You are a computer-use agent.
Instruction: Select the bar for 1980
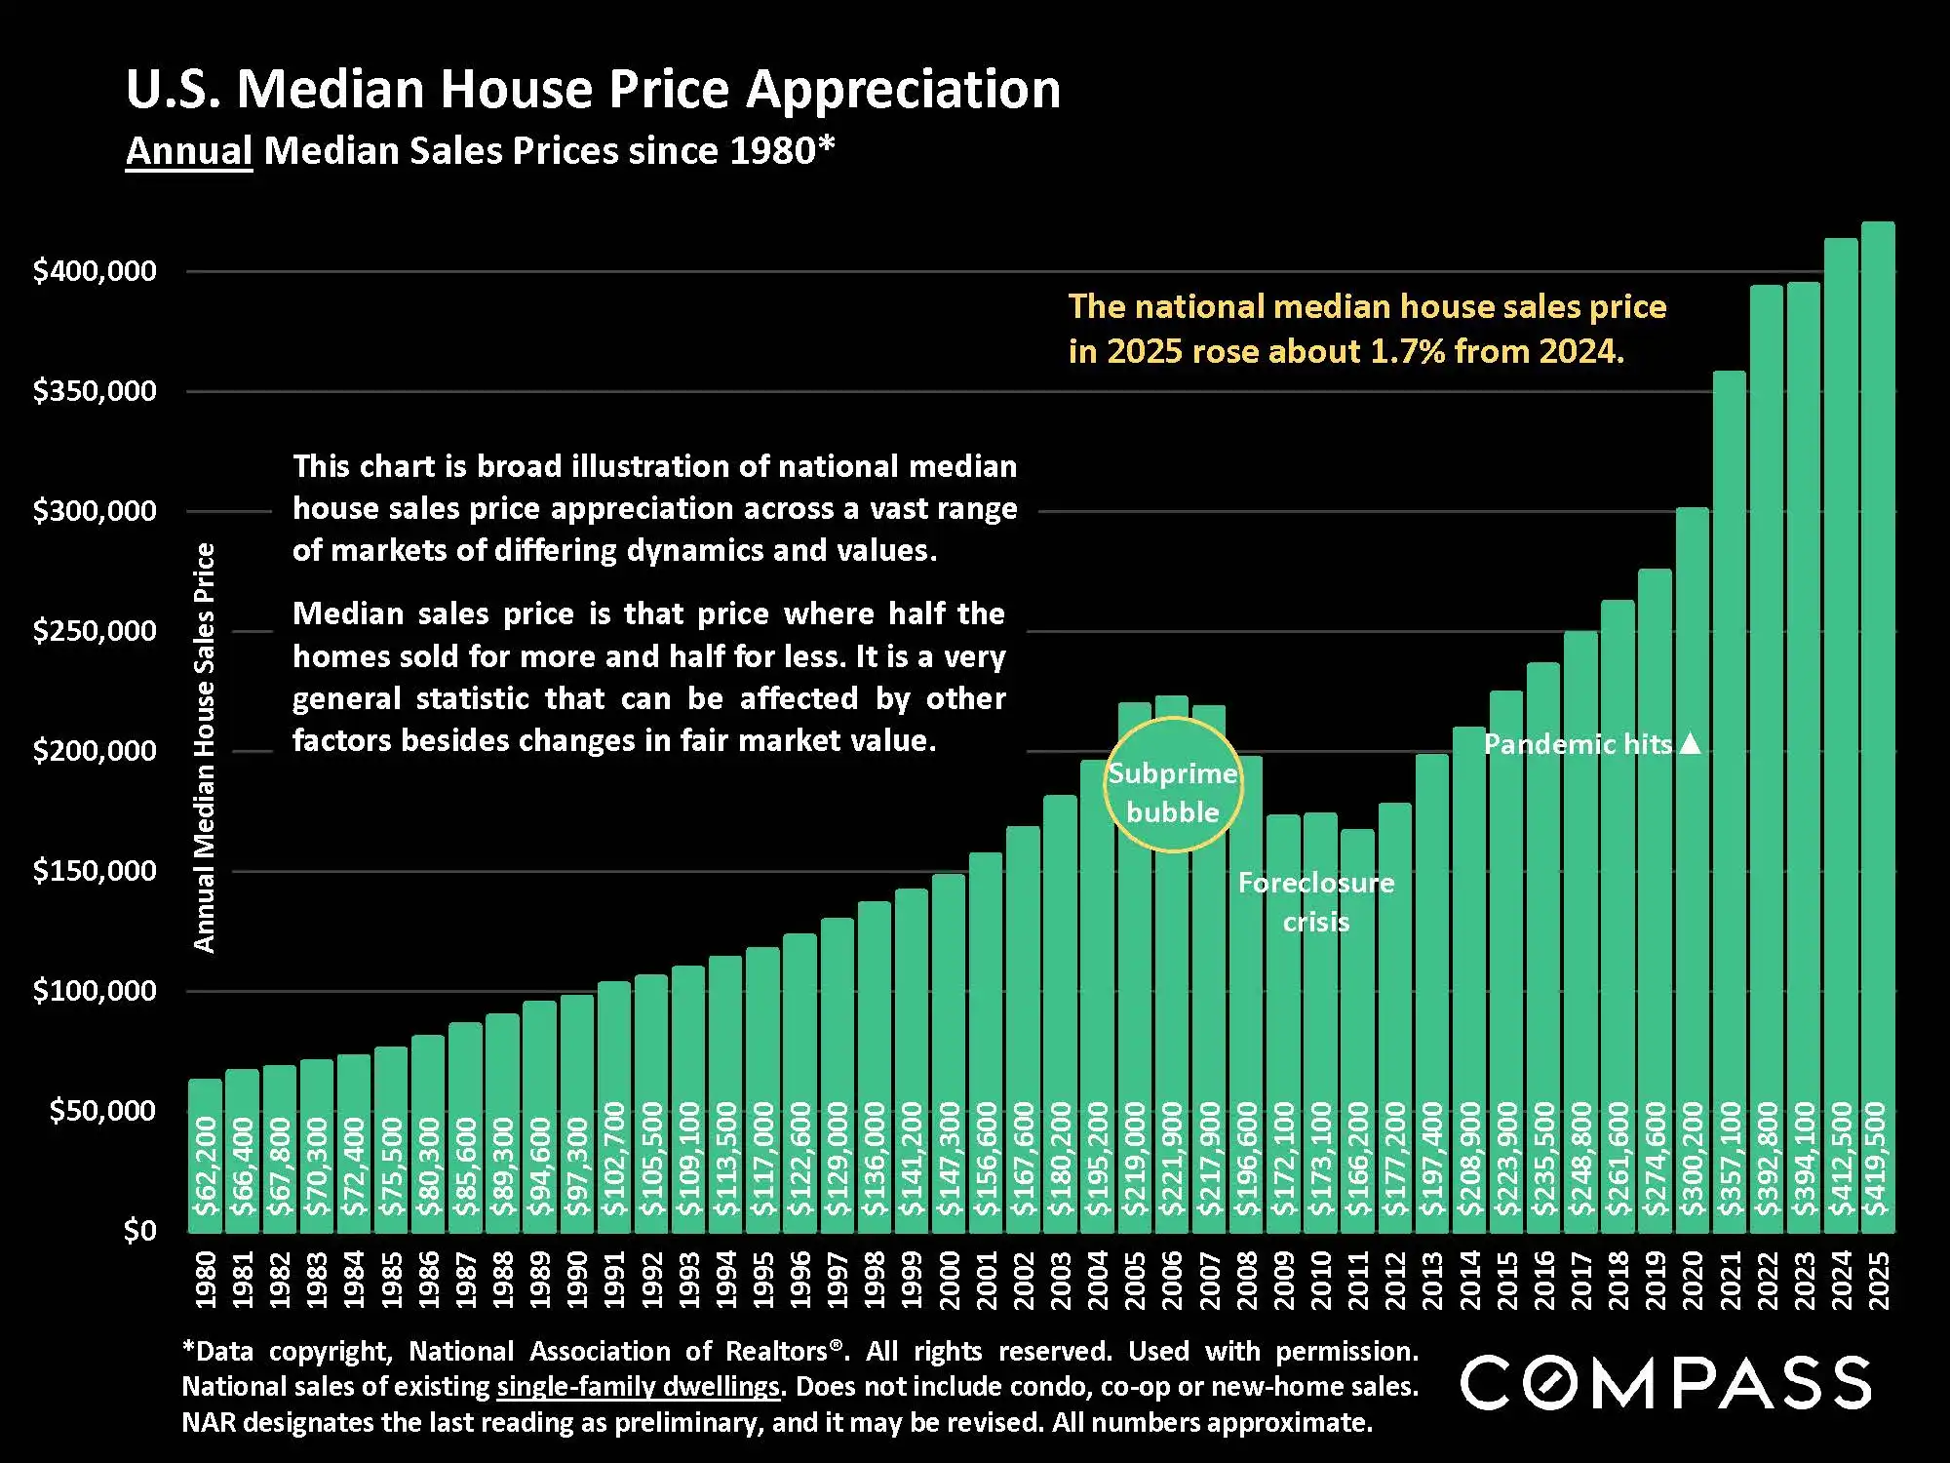pos(205,1151)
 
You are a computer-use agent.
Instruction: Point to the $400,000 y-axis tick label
pos(95,271)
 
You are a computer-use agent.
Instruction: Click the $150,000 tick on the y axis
pos(95,871)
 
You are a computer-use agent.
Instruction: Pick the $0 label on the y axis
pos(139,1231)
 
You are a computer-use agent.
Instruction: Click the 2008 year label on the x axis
pos(1247,1280)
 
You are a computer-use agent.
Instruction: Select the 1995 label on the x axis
pos(763,1280)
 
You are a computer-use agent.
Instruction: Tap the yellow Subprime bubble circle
pos(1173,785)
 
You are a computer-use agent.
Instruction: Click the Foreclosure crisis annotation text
pos(1316,902)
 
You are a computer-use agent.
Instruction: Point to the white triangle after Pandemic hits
pos(1692,744)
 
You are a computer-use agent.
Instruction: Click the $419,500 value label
pos(1876,1159)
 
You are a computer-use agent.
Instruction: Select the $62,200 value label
pos(205,1166)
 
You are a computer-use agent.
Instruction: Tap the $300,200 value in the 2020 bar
pos(1692,1159)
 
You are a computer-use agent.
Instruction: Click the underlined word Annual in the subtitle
pos(189,152)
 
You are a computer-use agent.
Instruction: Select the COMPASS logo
pos(1665,1383)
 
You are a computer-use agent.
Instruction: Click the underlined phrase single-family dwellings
pos(639,1387)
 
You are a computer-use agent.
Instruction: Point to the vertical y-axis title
pos(204,747)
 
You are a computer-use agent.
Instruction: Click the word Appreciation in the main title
pos(903,90)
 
